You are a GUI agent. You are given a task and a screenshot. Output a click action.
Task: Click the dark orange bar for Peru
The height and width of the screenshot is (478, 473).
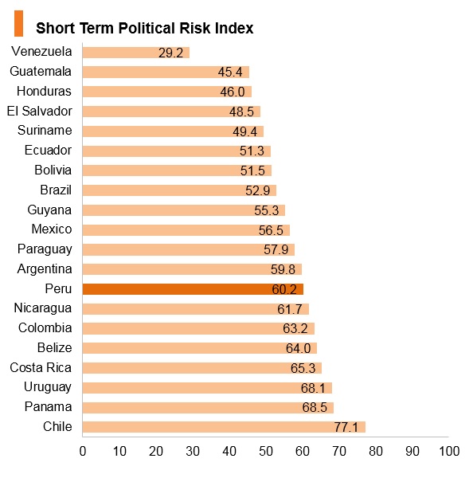tap(193, 289)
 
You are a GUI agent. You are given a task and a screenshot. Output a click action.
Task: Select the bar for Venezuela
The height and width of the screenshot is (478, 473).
tap(136, 53)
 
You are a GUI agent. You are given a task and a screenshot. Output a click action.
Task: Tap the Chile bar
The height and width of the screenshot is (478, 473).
tap(224, 427)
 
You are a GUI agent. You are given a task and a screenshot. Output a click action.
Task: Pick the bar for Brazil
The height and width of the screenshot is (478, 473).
tap(179, 190)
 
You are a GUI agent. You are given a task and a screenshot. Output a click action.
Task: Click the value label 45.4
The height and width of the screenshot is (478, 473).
tap(230, 72)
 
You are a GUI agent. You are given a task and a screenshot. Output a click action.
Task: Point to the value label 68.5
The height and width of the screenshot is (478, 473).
tap(315, 407)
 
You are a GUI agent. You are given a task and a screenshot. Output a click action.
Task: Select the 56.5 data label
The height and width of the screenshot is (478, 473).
tap(271, 230)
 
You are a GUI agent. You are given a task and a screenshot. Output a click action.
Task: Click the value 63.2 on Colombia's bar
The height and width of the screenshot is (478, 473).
tap(295, 328)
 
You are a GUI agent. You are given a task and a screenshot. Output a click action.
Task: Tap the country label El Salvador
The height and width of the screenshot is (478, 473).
tap(40, 111)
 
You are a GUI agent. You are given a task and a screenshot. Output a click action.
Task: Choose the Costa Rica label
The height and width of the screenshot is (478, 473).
tap(41, 367)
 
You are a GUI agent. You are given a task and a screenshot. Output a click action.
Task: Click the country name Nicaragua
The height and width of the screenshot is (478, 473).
tap(43, 308)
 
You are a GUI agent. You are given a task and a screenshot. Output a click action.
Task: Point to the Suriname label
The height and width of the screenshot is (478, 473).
tap(45, 130)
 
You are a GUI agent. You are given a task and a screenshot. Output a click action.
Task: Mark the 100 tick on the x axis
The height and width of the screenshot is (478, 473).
tap(449, 451)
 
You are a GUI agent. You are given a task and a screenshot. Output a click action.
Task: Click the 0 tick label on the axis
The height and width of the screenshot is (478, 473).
tap(83, 451)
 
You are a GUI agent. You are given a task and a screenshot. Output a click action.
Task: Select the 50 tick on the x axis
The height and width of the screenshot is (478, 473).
tap(266, 451)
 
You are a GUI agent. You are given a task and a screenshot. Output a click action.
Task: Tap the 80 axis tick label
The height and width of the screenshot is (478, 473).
tap(376, 451)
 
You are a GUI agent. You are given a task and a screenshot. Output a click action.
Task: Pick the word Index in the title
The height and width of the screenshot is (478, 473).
tap(234, 28)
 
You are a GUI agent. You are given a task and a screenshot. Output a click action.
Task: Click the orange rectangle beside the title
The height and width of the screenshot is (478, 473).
tap(18, 23)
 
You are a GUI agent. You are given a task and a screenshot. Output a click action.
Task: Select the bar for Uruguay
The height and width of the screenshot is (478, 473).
tap(207, 388)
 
